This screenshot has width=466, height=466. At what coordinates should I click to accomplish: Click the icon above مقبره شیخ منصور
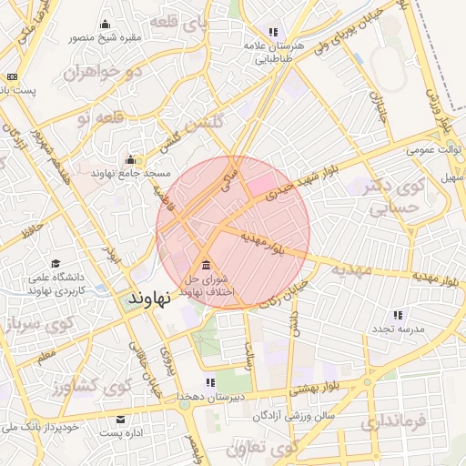106,25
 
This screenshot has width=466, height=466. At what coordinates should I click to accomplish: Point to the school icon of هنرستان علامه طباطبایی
272,32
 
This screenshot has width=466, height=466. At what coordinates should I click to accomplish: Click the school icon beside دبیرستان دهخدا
210,382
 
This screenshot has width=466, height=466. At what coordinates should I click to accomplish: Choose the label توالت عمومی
434,148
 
